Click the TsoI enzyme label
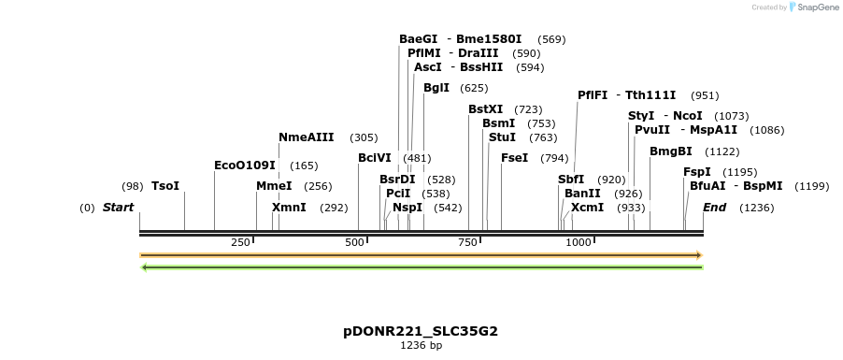tap(164, 186)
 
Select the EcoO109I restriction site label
tap(245, 166)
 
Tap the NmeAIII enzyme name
tap(306, 137)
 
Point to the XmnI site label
tap(289, 207)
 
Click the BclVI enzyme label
tap(375, 158)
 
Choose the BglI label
tap(436, 88)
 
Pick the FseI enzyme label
tap(516, 158)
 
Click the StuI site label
tap(502, 137)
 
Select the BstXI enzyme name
tap(486, 109)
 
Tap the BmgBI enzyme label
tap(671, 151)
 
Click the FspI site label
tap(697, 172)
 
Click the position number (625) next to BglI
tap(474, 88)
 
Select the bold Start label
tap(119, 207)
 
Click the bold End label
tap(715, 207)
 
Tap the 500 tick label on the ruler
tap(355, 242)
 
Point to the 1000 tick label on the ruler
tap(579, 242)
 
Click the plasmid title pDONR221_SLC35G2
tap(414, 331)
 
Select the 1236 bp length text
tap(421, 346)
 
